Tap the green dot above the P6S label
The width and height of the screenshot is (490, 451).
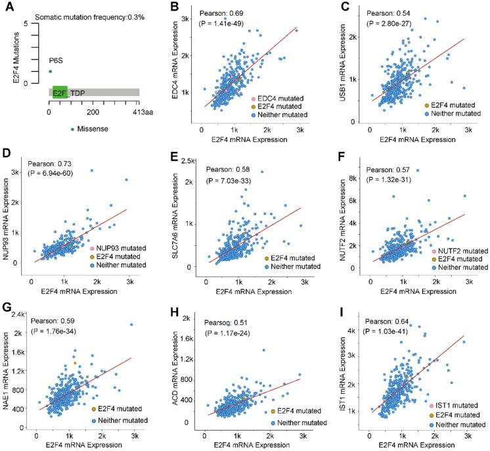[x=49, y=71]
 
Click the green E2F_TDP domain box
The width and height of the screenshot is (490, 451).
[x=60, y=93]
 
